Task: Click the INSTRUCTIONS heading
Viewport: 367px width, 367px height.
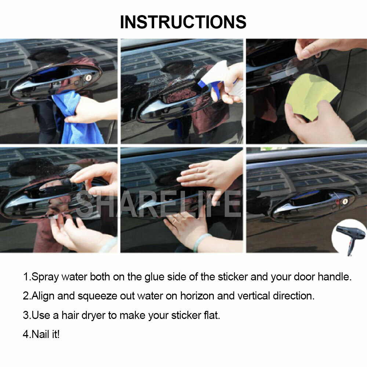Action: click(183, 22)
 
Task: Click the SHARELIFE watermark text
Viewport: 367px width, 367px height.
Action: click(158, 204)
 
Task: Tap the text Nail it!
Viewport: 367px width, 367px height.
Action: click(41, 334)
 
